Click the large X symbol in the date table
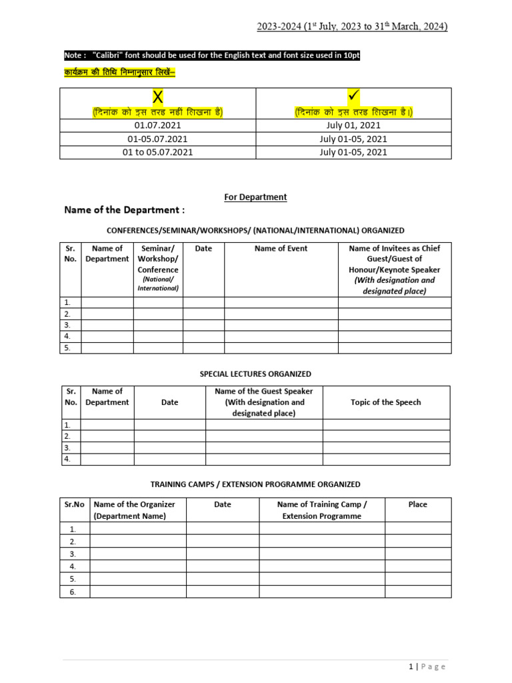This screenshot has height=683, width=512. [x=158, y=97]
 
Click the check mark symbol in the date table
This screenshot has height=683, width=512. [x=354, y=97]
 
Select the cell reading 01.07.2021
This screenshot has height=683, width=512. [x=158, y=125]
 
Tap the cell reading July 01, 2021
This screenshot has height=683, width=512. [x=353, y=125]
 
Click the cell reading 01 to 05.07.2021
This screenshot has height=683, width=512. [x=158, y=152]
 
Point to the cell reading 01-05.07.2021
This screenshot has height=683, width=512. [x=158, y=139]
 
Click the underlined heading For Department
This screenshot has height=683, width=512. [x=255, y=197]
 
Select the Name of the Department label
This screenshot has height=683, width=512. [x=124, y=210]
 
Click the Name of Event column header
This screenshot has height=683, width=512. [x=281, y=248]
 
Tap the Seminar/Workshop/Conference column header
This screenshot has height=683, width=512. [x=158, y=259]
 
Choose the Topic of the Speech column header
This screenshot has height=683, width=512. [x=386, y=402]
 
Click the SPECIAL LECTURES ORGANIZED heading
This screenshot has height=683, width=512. [x=255, y=374]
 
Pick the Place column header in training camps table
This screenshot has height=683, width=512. [x=418, y=504]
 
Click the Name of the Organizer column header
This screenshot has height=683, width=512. [x=138, y=510]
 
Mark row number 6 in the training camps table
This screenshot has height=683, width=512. [x=73, y=592]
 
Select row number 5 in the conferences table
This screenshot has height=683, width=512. [x=67, y=348]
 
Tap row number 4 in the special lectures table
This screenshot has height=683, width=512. [x=67, y=459]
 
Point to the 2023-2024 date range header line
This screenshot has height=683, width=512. [x=352, y=27]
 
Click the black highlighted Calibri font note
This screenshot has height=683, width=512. [x=212, y=56]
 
